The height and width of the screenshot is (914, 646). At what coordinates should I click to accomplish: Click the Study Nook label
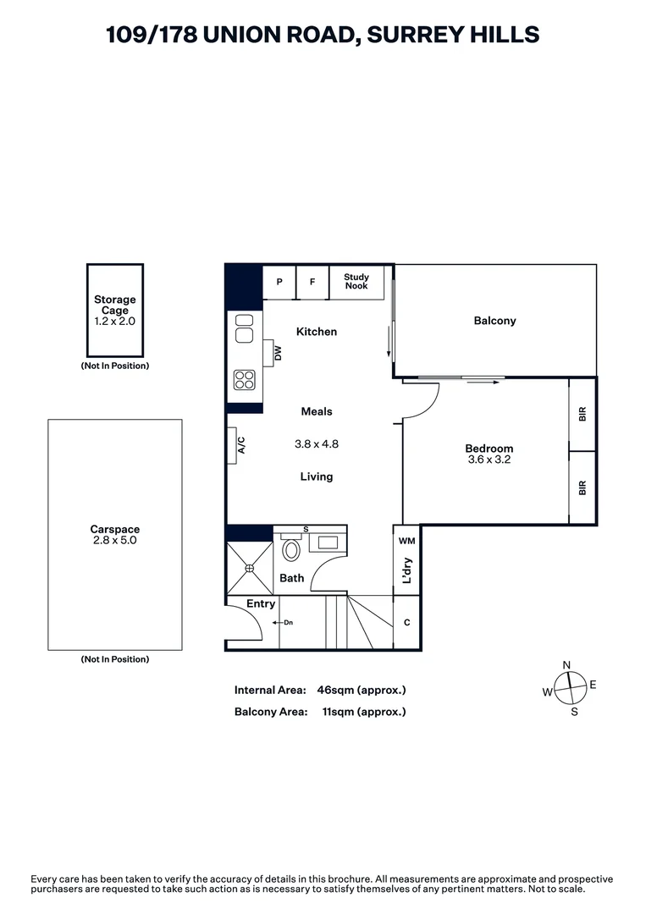coord(356,282)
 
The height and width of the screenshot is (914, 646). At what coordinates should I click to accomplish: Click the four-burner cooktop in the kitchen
coord(245,380)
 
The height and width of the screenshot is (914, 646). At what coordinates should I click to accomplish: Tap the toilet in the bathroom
coord(290,551)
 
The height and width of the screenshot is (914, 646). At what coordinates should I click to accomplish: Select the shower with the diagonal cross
coord(250,569)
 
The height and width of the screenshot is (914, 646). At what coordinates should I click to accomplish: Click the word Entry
coord(261,603)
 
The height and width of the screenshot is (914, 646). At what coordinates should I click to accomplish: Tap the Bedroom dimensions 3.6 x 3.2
coord(489,460)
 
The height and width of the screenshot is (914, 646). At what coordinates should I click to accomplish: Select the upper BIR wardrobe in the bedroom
coord(582,415)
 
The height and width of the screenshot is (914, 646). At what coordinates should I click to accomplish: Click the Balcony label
coord(494,321)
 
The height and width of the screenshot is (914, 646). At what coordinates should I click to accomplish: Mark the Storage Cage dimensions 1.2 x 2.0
coord(115,322)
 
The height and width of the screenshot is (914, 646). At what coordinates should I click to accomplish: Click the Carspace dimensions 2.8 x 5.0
coord(115,540)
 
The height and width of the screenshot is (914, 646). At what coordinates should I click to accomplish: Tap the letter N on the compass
coord(567,664)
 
